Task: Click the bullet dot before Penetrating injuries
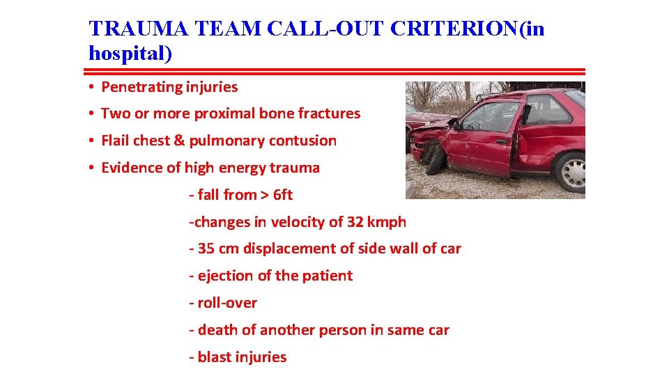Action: pos(91,88)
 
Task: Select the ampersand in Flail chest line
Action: pos(178,141)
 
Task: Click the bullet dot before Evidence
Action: pos(91,168)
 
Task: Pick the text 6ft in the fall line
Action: pos(283,195)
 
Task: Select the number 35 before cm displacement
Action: pos(206,249)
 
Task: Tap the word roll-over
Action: pos(227,303)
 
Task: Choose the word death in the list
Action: pos(217,330)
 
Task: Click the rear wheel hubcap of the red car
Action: pos(571,171)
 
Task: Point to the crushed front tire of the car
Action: pos(436,159)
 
